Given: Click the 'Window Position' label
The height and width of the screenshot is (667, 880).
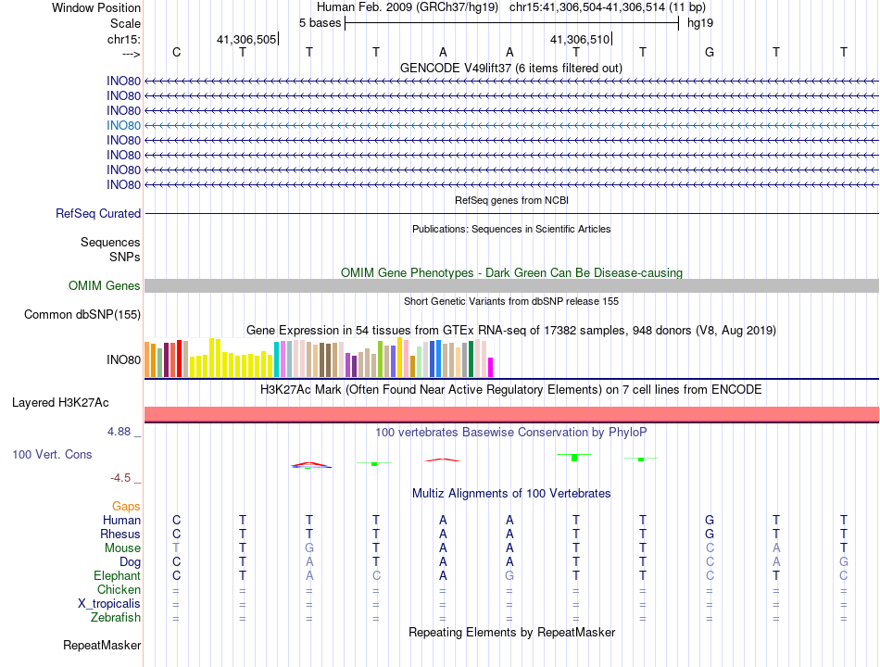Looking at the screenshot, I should coord(96,7).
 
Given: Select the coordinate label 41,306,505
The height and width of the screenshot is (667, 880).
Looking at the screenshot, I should coord(246,40).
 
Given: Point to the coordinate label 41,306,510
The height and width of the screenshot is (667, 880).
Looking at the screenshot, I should coord(580,40).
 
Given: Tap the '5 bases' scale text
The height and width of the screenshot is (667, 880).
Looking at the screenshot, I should coord(320,22).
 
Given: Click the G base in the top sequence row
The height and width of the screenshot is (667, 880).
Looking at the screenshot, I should coord(710,52).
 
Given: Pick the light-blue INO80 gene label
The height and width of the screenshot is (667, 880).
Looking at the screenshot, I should coord(123,125).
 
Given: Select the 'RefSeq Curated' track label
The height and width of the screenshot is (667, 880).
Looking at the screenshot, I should coord(98,213).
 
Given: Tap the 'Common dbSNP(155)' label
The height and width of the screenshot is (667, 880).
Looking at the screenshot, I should coord(82,315).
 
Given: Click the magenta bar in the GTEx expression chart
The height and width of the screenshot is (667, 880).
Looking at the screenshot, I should coord(491,367).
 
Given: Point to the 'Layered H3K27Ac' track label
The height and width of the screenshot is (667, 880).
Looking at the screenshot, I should coord(60,403).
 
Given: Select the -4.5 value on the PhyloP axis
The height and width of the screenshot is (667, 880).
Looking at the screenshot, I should coord(124,478).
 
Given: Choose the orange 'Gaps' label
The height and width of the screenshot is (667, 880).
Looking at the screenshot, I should coord(126,506).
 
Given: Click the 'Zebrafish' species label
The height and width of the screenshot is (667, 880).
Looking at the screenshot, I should coord(116,617).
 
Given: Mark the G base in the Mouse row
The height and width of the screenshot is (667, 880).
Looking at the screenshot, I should coord(309,547).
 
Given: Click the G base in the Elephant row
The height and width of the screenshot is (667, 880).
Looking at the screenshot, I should coord(509,575).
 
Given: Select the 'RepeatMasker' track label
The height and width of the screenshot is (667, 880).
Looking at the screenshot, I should coord(102,645).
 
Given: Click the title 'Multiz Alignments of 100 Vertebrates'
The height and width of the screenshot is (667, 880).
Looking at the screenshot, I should coord(511,493).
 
